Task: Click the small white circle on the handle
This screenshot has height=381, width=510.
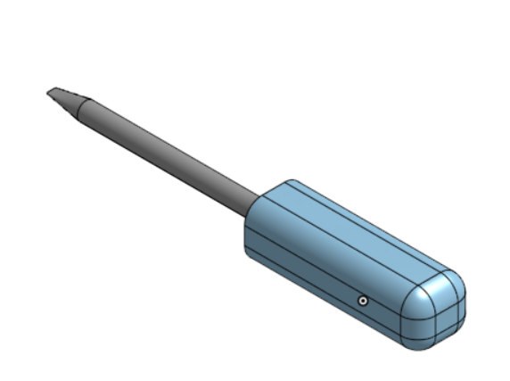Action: tap(363, 301)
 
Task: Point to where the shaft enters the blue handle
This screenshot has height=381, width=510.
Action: tap(258, 202)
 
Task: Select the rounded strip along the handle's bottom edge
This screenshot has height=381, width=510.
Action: tap(321, 294)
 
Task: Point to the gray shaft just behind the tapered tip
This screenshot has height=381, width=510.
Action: tap(98, 114)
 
